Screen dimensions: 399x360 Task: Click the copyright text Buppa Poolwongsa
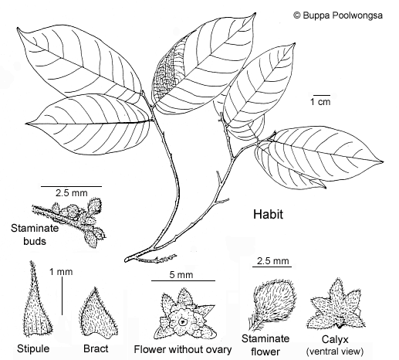338,15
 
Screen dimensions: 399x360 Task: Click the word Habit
268,214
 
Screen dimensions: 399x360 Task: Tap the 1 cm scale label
320,102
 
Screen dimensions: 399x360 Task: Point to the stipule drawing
37,301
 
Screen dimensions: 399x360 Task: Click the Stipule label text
33,348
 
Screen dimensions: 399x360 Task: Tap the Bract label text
96,348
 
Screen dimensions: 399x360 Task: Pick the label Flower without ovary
183,349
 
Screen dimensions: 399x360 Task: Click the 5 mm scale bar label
181,275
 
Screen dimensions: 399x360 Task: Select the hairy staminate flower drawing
272,304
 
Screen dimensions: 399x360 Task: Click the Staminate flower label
265,345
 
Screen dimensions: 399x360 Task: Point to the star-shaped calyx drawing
336,306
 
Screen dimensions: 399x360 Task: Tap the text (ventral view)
335,352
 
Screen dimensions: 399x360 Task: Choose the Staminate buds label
35,235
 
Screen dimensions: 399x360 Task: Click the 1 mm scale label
61,272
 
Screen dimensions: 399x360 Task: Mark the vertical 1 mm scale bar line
63,296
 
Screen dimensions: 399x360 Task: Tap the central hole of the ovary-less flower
183,321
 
